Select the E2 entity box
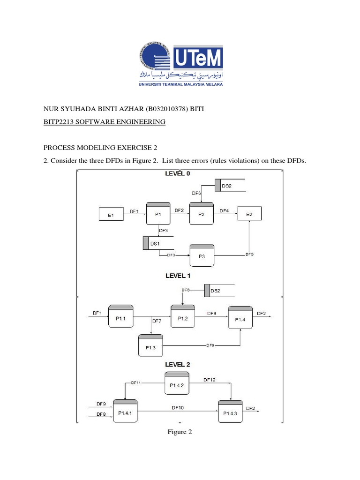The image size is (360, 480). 249,214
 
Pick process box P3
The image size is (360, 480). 201,255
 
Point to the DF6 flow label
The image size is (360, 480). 196,193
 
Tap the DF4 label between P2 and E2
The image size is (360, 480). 225,210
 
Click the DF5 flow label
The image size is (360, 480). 250,254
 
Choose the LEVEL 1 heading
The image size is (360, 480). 178,276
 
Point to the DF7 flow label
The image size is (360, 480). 157,321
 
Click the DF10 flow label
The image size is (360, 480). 178,407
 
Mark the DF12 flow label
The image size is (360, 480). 210,379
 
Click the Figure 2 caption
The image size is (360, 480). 180,432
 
